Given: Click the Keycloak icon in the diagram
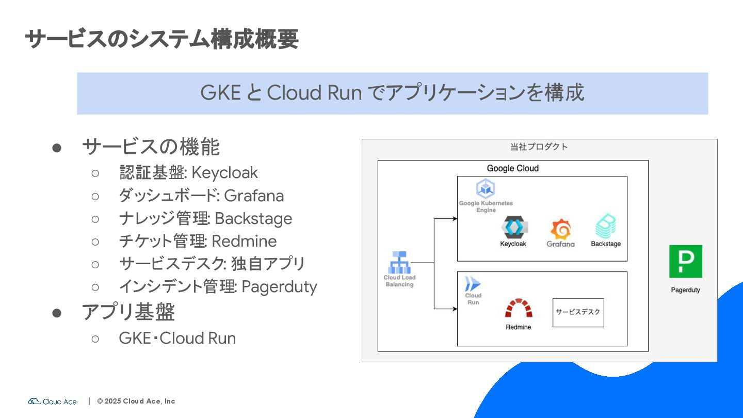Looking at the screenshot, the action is coord(513,227).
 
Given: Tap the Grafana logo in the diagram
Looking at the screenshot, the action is coord(560,229).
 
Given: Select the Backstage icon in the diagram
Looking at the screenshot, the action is coord(606,226).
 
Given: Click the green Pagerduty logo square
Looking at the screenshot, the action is coord(685,261).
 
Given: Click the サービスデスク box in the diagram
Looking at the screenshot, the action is coord(578,312).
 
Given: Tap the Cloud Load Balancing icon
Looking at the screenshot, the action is coord(399,263).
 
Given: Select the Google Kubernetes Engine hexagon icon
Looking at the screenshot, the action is coord(486,189).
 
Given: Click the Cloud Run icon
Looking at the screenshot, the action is coord(473,284).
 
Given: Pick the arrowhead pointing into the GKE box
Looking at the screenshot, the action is coord(455,219).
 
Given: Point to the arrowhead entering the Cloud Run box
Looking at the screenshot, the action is coord(455,309).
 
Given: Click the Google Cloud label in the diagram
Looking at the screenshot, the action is coord(512,168).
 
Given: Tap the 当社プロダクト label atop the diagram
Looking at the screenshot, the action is coord(539,147).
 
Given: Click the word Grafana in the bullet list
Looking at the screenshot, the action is coord(254,196).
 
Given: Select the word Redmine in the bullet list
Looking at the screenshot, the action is coord(244,241).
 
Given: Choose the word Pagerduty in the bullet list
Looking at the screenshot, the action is coord(279,286).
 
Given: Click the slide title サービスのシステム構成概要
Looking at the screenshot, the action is coord(161,39).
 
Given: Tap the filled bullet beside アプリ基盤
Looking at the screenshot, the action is coord(57,312).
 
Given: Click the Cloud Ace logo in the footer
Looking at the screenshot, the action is coord(53,401).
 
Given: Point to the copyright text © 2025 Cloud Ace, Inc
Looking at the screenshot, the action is coord(136,401).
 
